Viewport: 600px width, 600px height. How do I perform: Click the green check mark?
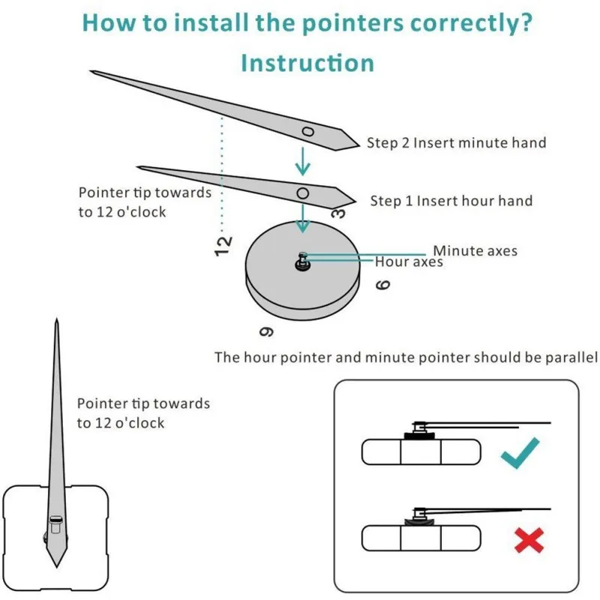(x=520, y=454)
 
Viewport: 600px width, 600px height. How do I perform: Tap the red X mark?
(x=529, y=540)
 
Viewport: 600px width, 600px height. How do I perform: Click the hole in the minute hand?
(x=308, y=132)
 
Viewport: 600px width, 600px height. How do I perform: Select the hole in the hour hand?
(x=303, y=193)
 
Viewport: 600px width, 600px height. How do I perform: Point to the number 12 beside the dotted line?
(x=223, y=246)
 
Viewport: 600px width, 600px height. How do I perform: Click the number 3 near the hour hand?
(x=338, y=213)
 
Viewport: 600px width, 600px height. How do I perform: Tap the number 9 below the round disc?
(x=266, y=331)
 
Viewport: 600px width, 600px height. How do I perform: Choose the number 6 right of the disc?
(x=382, y=285)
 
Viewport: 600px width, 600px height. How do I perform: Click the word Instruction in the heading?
(x=307, y=63)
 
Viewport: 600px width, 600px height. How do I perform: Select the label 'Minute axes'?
(x=475, y=251)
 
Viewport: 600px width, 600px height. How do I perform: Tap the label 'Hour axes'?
(x=409, y=262)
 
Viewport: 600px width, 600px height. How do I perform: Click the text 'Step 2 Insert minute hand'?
(x=457, y=142)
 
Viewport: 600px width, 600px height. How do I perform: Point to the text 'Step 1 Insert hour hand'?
(x=451, y=201)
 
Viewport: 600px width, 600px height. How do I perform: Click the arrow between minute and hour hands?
(x=303, y=161)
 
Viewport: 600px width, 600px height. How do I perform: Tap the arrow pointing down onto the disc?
(x=303, y=218)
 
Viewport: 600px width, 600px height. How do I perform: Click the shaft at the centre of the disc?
(x=302, y=262)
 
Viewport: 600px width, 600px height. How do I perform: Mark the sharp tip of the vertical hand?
(x=57, y=318)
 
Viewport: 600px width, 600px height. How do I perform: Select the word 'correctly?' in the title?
(x=471, y=23)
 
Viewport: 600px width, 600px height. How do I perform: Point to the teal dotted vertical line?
(x=222, y=175)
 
